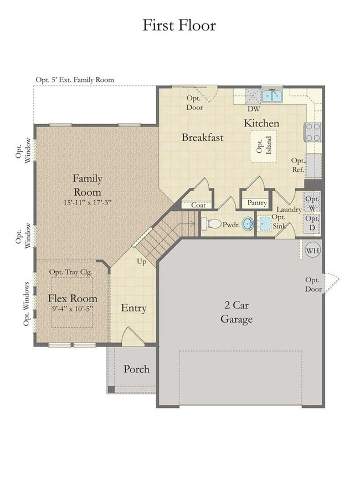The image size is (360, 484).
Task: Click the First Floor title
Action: coord(179,25)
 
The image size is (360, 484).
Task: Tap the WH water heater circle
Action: coord(313,251)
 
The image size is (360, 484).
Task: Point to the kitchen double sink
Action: coord(271,96)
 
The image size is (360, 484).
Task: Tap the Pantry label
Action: coord(257,203)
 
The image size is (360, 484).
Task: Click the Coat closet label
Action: coord(198,205)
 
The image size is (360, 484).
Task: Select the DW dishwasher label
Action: coord(254,109)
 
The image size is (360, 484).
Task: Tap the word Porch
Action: coord(136,369)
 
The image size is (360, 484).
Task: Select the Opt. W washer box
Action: coord(312,202)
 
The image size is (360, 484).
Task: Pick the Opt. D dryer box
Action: coord(312,223)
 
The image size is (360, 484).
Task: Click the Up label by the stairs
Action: coord(142,262)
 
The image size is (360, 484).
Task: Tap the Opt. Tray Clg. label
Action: coord(70,272)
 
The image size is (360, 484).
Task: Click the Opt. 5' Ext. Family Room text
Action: coord(75,80)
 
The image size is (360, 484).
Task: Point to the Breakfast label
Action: coord(202,137)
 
